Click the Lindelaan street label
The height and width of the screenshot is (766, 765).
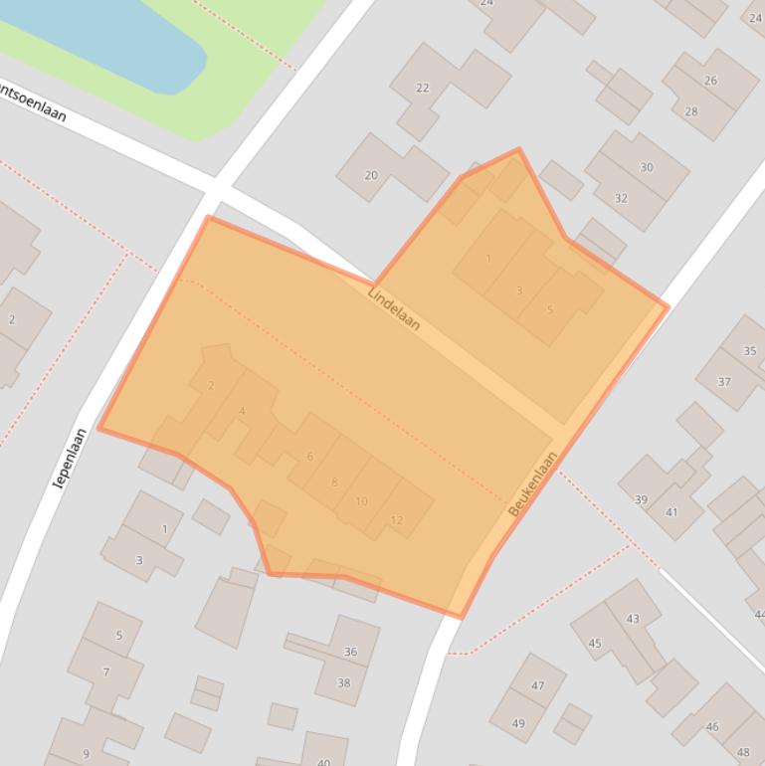click(394, 309)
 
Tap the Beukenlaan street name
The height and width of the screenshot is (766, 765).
click(533, 484)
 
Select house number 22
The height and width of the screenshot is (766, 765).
click(422, 88)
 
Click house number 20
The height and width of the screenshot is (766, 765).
click(371, 175)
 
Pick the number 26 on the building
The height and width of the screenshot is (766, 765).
click(710, 81)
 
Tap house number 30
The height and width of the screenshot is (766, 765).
click(647, 167)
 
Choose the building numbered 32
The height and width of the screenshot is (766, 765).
click(621, 198)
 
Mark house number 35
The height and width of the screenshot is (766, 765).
click(749, 351)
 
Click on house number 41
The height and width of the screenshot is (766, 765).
click(671, 512)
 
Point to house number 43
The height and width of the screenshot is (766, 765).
click(633, 619)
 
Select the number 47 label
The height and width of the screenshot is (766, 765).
click(538, 685)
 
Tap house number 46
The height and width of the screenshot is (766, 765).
click(712, 727)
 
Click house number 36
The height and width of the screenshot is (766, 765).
click(350, 652)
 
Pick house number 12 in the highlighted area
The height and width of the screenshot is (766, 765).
click(397, 520)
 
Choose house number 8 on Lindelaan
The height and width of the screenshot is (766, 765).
click(334, 482)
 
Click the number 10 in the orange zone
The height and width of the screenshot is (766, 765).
click(361, 501)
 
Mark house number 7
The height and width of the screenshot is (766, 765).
click(106, 672)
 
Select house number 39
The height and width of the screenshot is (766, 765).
click(642, 499)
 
